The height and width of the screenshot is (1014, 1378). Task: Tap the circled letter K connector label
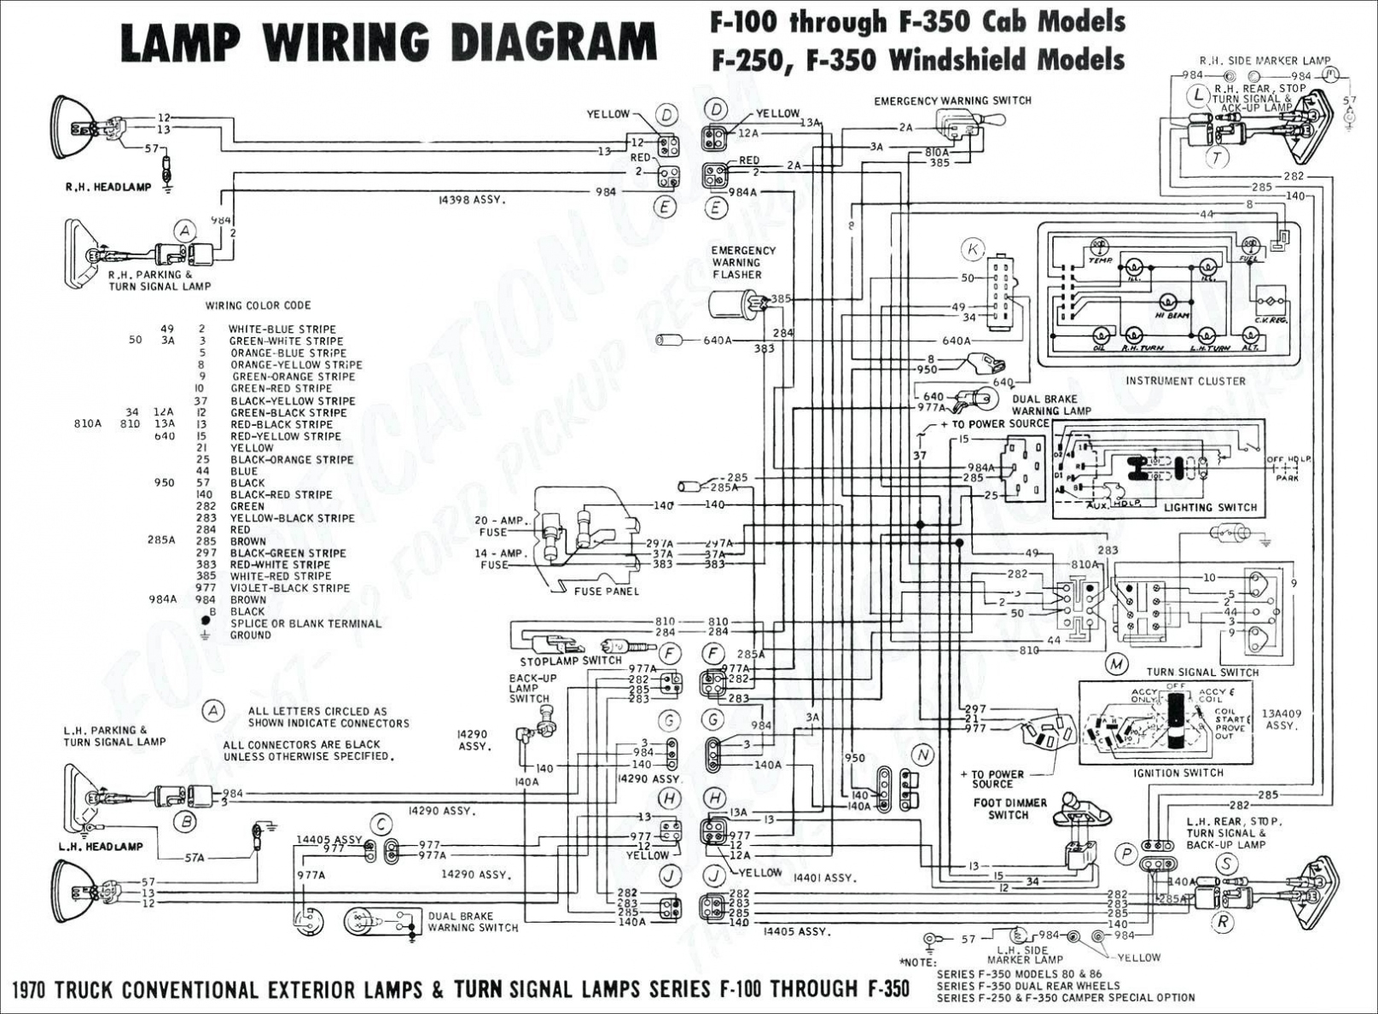tap(972, 250)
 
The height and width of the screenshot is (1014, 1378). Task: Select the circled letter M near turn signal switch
tap(1115, 664)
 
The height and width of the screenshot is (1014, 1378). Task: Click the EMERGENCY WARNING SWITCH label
tap(952, 101)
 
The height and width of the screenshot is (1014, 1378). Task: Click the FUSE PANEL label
tap(606, 591)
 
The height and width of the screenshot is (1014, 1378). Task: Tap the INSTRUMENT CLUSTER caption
tap(1185, 381)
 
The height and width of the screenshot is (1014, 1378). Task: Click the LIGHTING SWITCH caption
tap(1210, 507)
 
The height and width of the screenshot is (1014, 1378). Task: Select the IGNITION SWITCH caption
tap(1178, 772)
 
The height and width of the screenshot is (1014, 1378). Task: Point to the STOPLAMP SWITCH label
tap(571, 661)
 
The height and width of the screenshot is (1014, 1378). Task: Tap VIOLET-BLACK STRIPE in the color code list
tap(289, 588)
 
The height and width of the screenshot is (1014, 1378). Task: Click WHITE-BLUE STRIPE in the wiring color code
tap(282, 329)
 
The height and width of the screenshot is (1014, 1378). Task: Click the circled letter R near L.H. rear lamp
tap(1222, 921)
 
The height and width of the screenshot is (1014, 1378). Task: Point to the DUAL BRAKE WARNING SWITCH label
tap(473, 922)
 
